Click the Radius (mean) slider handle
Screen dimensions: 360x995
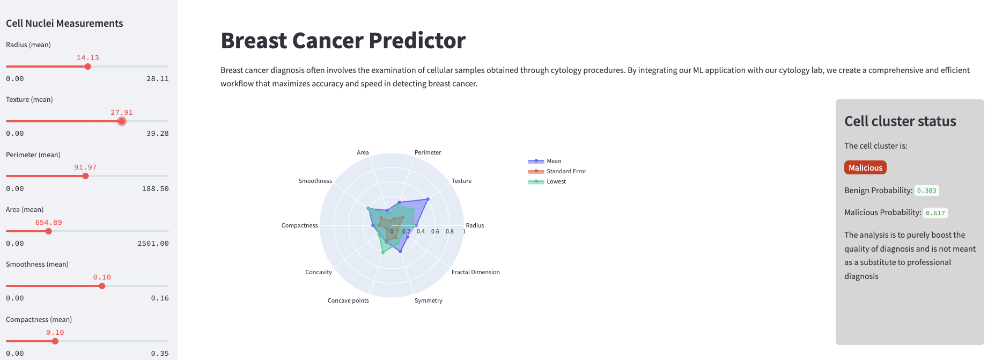88,67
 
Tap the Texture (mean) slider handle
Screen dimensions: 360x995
122,121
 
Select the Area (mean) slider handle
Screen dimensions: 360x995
49,231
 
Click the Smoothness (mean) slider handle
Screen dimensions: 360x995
102,286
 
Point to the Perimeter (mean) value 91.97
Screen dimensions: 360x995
85,167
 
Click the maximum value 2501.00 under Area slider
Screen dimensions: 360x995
153,244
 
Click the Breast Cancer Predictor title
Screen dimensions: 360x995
343,41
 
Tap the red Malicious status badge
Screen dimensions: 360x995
865,168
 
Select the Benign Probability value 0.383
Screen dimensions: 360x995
926,190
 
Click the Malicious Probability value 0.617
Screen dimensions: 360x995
935,213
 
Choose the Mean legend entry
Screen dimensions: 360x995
554,161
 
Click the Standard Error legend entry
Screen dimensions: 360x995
566,171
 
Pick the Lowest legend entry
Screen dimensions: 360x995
556,181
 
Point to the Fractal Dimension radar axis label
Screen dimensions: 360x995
475,272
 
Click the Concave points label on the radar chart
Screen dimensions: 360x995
348,300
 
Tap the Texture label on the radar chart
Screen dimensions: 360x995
461,181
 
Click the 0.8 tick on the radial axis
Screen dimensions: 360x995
449,232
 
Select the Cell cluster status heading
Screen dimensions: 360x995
900,121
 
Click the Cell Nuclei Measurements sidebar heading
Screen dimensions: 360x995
64,24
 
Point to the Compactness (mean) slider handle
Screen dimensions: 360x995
55,341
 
